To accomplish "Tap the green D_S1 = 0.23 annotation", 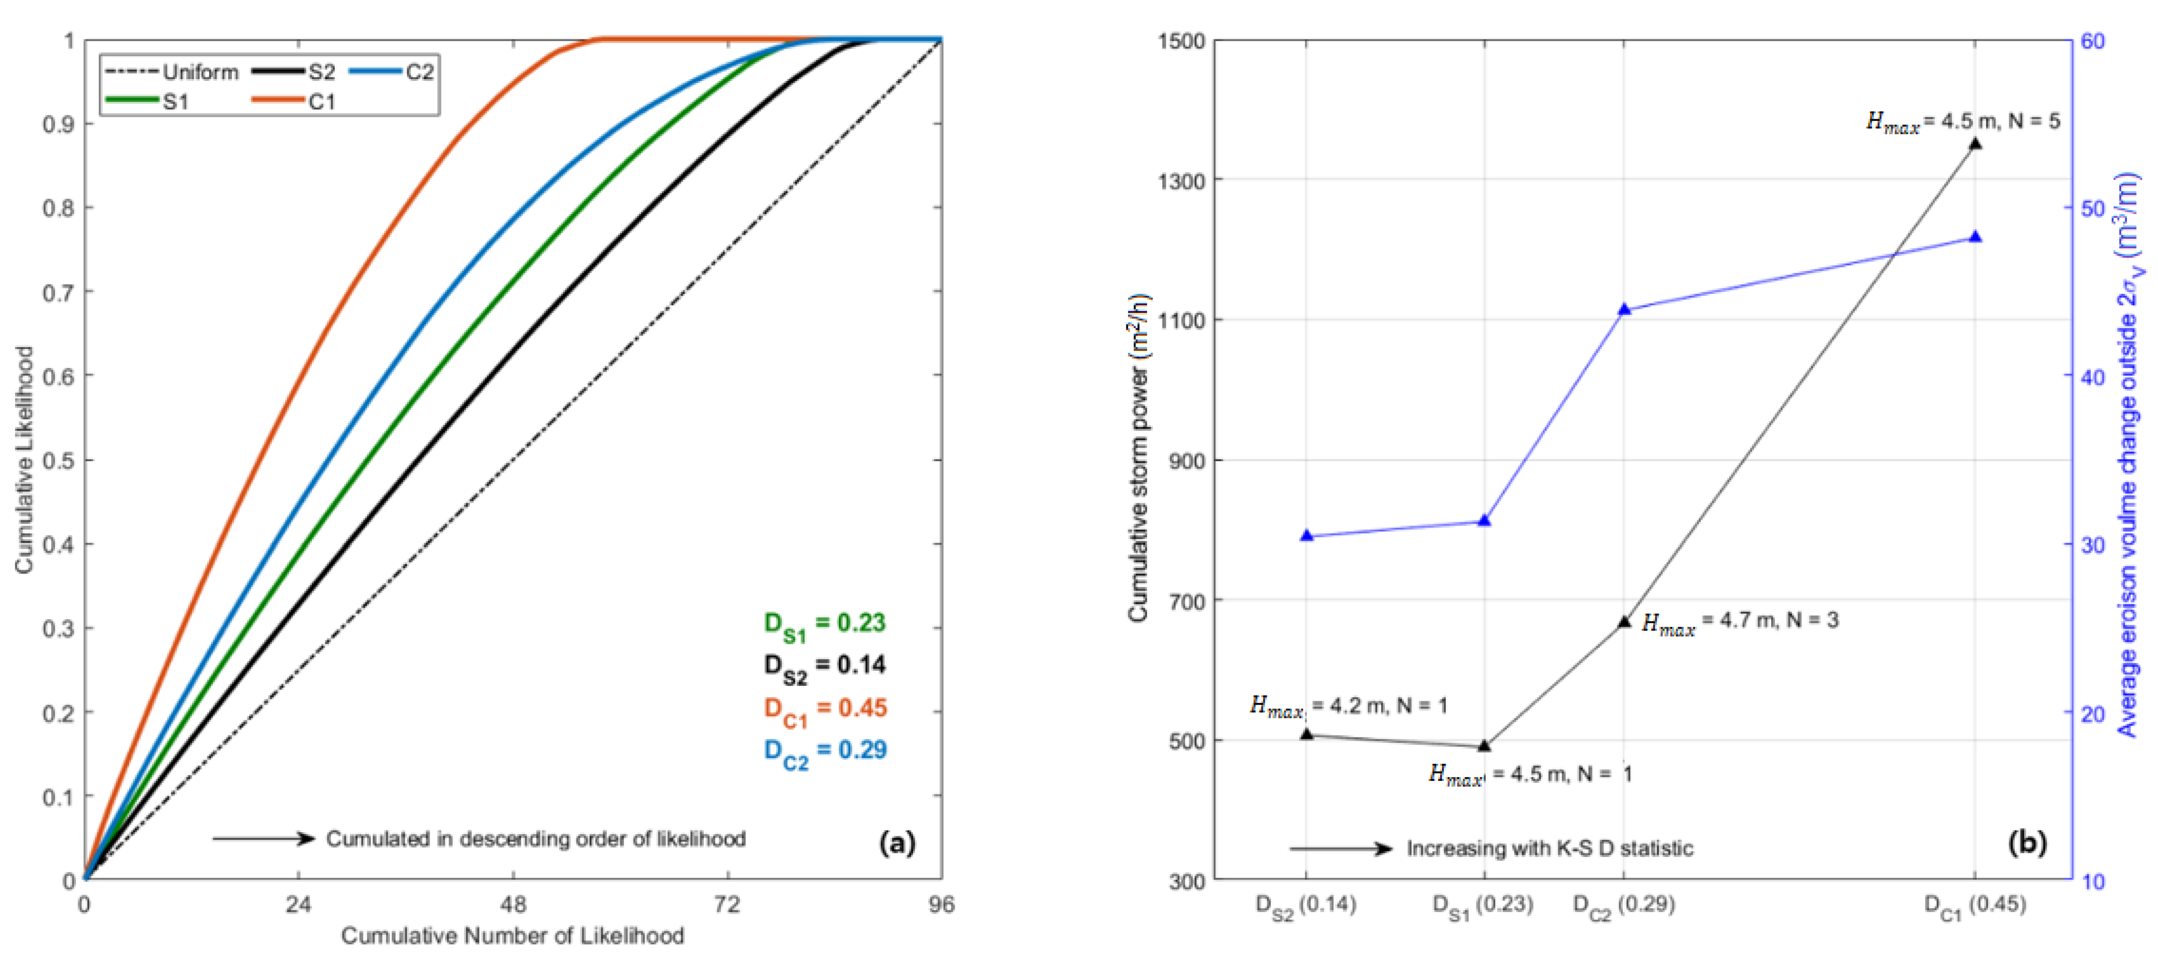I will coord(824,624).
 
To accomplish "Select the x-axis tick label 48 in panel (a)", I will coord(513,905).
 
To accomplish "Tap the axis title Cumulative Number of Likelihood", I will coord(512,935).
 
